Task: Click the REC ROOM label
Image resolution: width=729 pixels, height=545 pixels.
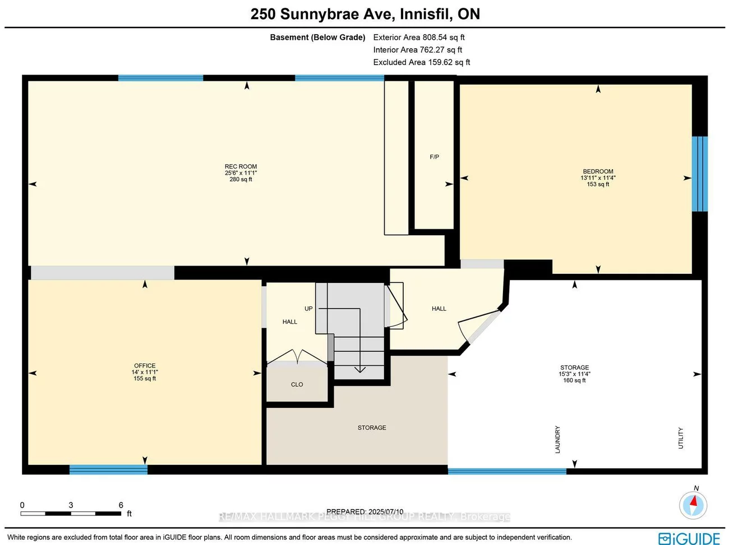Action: pos(241,166)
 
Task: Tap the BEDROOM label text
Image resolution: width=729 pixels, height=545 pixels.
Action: pos(598,171)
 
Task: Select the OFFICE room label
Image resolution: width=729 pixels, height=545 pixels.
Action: pos(145,366)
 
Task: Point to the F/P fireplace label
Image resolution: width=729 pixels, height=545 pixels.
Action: pos(434,157)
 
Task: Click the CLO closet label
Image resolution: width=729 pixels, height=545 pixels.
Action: pos(297,384)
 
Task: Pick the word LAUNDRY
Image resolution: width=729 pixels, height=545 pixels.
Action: pos(557,440)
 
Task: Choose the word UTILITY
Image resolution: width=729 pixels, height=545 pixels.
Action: pos(681,438)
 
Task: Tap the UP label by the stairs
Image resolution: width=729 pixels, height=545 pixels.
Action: pos(308,309)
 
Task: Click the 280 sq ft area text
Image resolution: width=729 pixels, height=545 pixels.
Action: pos(241,179)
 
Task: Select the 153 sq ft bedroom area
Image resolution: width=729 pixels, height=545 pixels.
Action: pos(598,184)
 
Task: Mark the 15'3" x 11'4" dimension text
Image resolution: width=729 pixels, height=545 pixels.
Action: pos(574,374)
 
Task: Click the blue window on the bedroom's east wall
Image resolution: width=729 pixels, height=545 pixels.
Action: pos(699,174)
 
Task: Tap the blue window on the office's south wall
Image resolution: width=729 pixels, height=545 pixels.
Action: pos(108,469)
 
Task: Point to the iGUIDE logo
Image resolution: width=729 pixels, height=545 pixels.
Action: pos(689,538)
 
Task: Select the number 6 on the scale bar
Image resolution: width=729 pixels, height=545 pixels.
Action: pos(121,505)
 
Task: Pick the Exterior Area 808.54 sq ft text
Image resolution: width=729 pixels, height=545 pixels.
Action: pos(419,38)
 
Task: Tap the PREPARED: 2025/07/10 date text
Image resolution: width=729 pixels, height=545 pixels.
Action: pos(364,511)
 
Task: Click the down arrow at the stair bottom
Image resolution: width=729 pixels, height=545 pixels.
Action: pos(359,369)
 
